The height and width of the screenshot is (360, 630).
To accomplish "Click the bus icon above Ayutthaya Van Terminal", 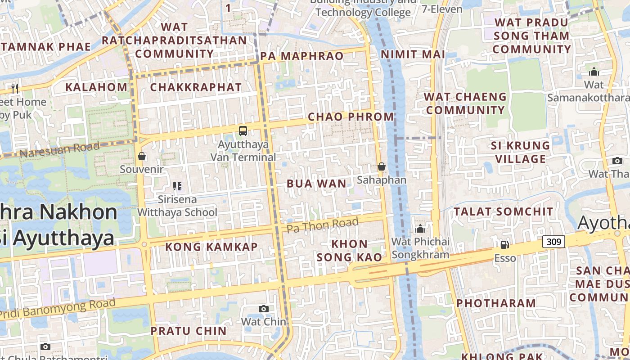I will click(x=243, y=131).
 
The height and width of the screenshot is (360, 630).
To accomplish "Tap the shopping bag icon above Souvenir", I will click(x=142, y=156).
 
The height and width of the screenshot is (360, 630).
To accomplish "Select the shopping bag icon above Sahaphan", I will click(x=382, y=166).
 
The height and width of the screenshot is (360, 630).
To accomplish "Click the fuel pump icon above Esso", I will click(x=505, y=245).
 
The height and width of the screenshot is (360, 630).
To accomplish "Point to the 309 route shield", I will click(x=553, y=242).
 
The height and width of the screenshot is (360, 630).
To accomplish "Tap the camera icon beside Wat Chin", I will click(x=264, y=309).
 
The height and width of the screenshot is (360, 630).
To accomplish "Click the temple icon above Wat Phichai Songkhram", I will click(x=420, y=229).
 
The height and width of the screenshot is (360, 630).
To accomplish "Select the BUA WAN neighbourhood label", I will click(x=317, y=184).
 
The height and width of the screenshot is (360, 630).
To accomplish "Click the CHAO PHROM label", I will click(x=351, y=117).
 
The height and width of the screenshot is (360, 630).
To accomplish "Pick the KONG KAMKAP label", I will click(x=211, y=247).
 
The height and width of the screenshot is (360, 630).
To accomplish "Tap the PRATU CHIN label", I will click(x=189, y=331).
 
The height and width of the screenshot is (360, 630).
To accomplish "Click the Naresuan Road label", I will click(x=60, y=149).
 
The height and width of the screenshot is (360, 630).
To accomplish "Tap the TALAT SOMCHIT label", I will click(x=503, y=211).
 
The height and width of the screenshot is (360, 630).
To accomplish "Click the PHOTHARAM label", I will click(x=495, y=303).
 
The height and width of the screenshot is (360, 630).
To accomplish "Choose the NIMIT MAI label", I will click(x=413, y=54).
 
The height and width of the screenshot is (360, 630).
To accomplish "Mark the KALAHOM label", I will click(x=97, y=87).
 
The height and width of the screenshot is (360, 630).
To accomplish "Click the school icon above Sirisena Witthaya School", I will click(x=177, y=186).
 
